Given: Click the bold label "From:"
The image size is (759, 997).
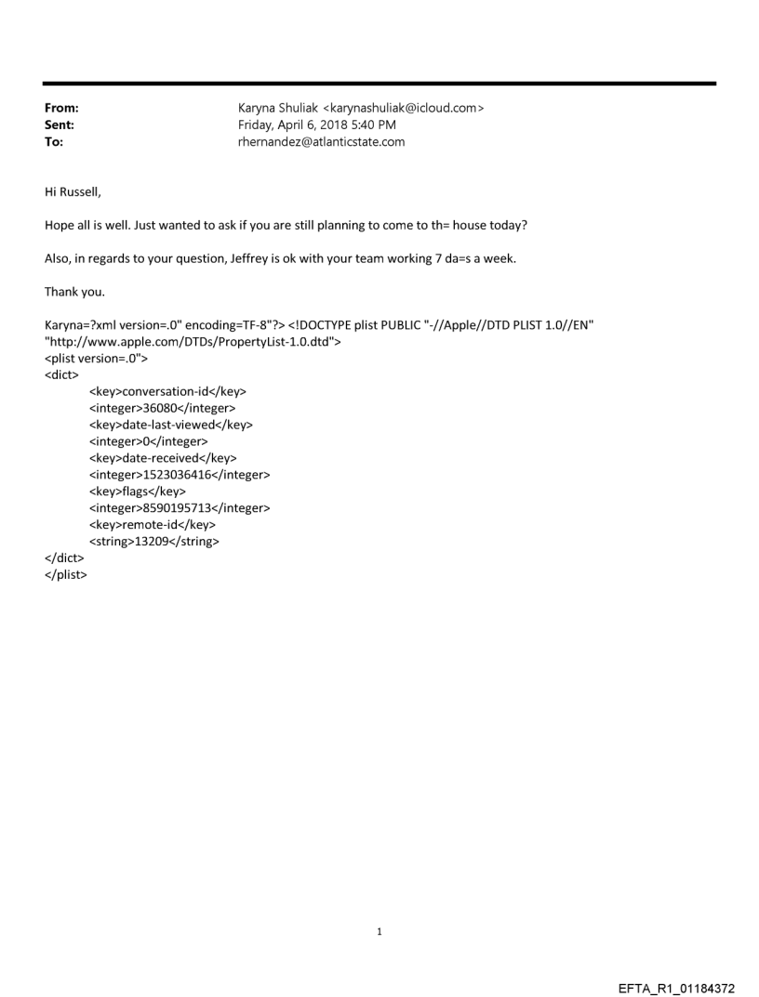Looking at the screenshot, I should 61,108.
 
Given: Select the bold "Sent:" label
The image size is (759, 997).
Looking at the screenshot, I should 60,125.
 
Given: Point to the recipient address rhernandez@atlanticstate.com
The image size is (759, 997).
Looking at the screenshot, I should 321,142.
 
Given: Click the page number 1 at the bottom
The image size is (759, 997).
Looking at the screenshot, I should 379,932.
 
